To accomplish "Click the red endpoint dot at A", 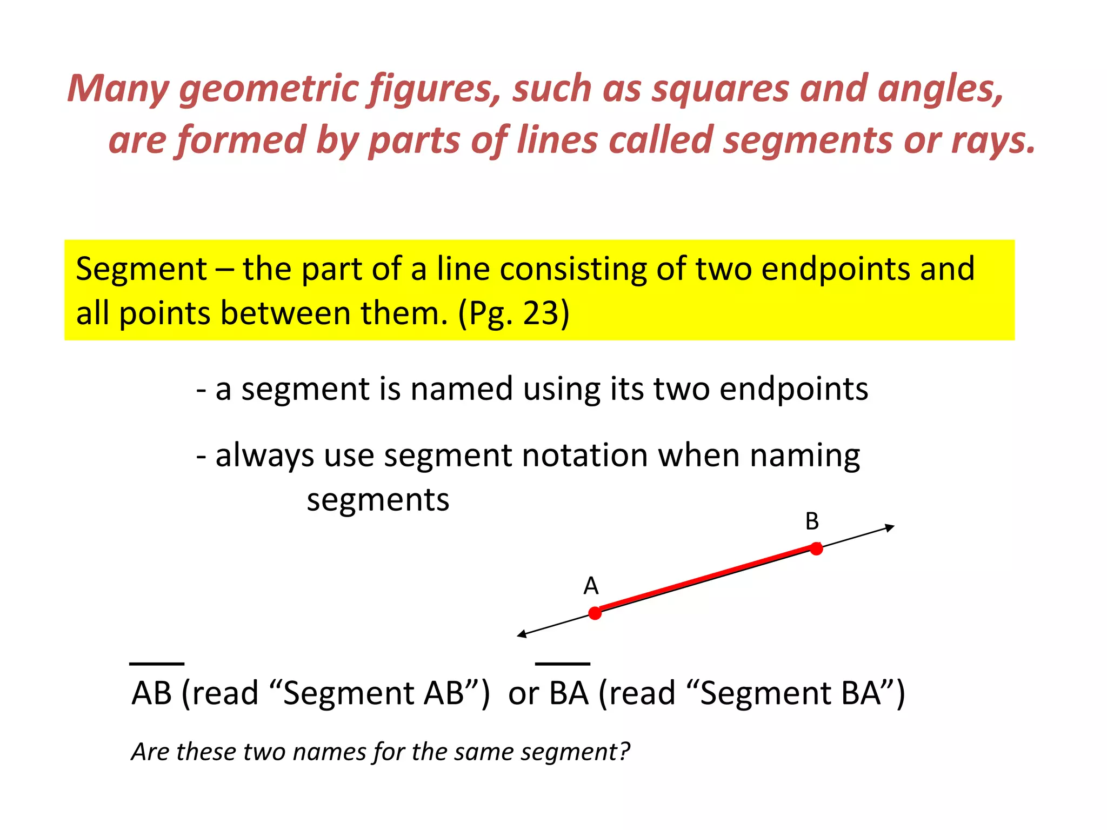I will click(595, 613).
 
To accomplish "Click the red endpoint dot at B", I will click(816, 549).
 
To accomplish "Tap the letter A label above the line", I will click(591, 586).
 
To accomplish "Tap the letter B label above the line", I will click(812, 521).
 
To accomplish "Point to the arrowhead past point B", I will click(890, 527).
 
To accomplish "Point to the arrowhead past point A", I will click(522, 634).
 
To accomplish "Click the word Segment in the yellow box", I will click(141, 269).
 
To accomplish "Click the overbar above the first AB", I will click(157, 663).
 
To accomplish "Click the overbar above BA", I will click(562, 663).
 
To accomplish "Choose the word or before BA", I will click(523, 693).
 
